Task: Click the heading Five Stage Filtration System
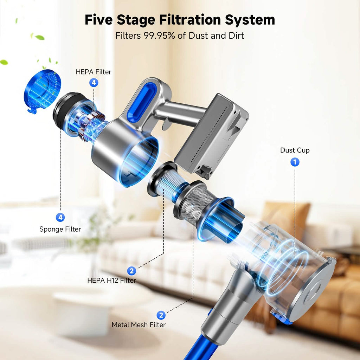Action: [180, 20]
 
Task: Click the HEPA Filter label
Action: [94, 72]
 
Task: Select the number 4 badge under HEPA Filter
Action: [94, 83]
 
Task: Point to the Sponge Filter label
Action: [60, 229]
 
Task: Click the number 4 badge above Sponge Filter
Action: [60, 217]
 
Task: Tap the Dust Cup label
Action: [295, 150]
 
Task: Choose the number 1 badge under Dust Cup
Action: [295, 162]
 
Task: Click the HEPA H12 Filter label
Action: [111, 280]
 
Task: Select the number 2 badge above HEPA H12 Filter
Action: [131, 271]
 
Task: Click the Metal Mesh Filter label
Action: [139, 324]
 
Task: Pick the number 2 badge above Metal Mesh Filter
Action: [161, 315]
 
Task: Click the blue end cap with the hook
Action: [42, 91]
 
